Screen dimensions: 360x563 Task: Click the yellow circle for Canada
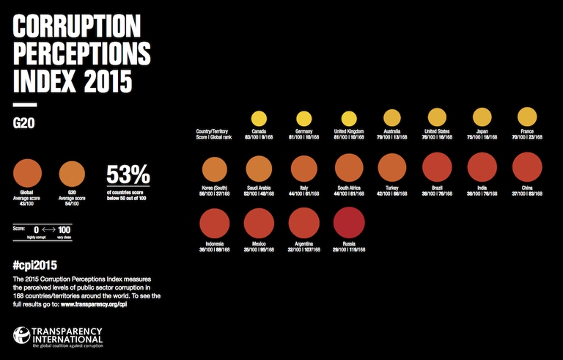pyautogui.click(x=259, y=119)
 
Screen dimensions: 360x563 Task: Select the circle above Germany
pyautogui.click(x=303, y=119)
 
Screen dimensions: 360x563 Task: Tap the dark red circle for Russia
pyautogui.click(x=348, y=222)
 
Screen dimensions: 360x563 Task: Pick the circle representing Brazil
pyautogui.click(x=438, y=168)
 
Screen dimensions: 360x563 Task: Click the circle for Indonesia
pyautogui.click(x=214, y=222)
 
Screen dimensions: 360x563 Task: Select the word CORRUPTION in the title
pyautogui.click(x=76, y=27)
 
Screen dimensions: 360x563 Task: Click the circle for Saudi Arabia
pyautogui.click(x=259, y=168)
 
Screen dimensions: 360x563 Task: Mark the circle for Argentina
pyautogui.click(x=303, y=222)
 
